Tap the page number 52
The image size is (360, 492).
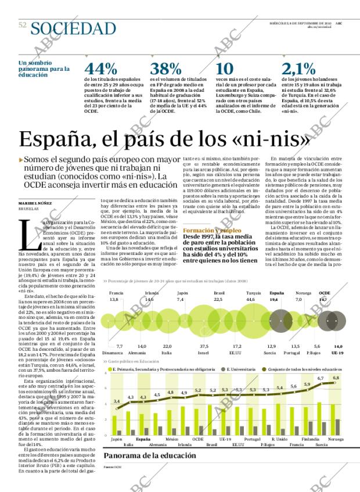click(23, 25)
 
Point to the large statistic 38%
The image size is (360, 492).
click(166, 69)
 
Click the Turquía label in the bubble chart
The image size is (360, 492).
click(253, 293)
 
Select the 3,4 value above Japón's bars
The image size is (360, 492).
click(117, 401)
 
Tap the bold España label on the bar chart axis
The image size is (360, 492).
click(143, 440)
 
